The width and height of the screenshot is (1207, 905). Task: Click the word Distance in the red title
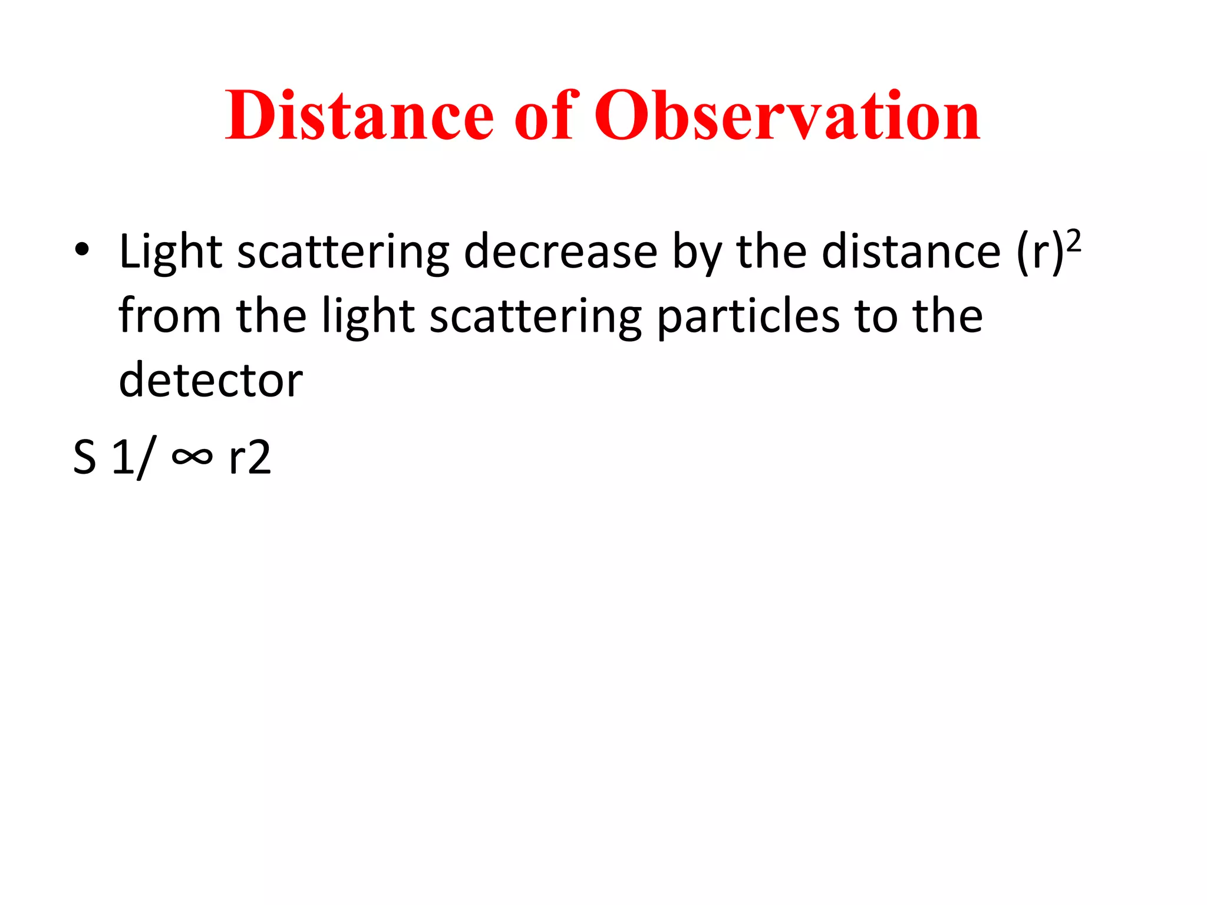[x=359, y=116]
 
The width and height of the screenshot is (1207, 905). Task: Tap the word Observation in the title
[x=787, y=116]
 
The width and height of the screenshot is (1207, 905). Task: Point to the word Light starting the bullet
[x=170, y=252]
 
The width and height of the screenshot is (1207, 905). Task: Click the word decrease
[x=560, y=252]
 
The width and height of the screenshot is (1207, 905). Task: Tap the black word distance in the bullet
[x=911, y=252]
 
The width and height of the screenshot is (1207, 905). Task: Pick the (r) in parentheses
[x=1040, y=253]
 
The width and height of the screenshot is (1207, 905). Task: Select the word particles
[x=747, y=316]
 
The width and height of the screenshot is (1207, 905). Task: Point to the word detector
[x=210, y=380]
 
